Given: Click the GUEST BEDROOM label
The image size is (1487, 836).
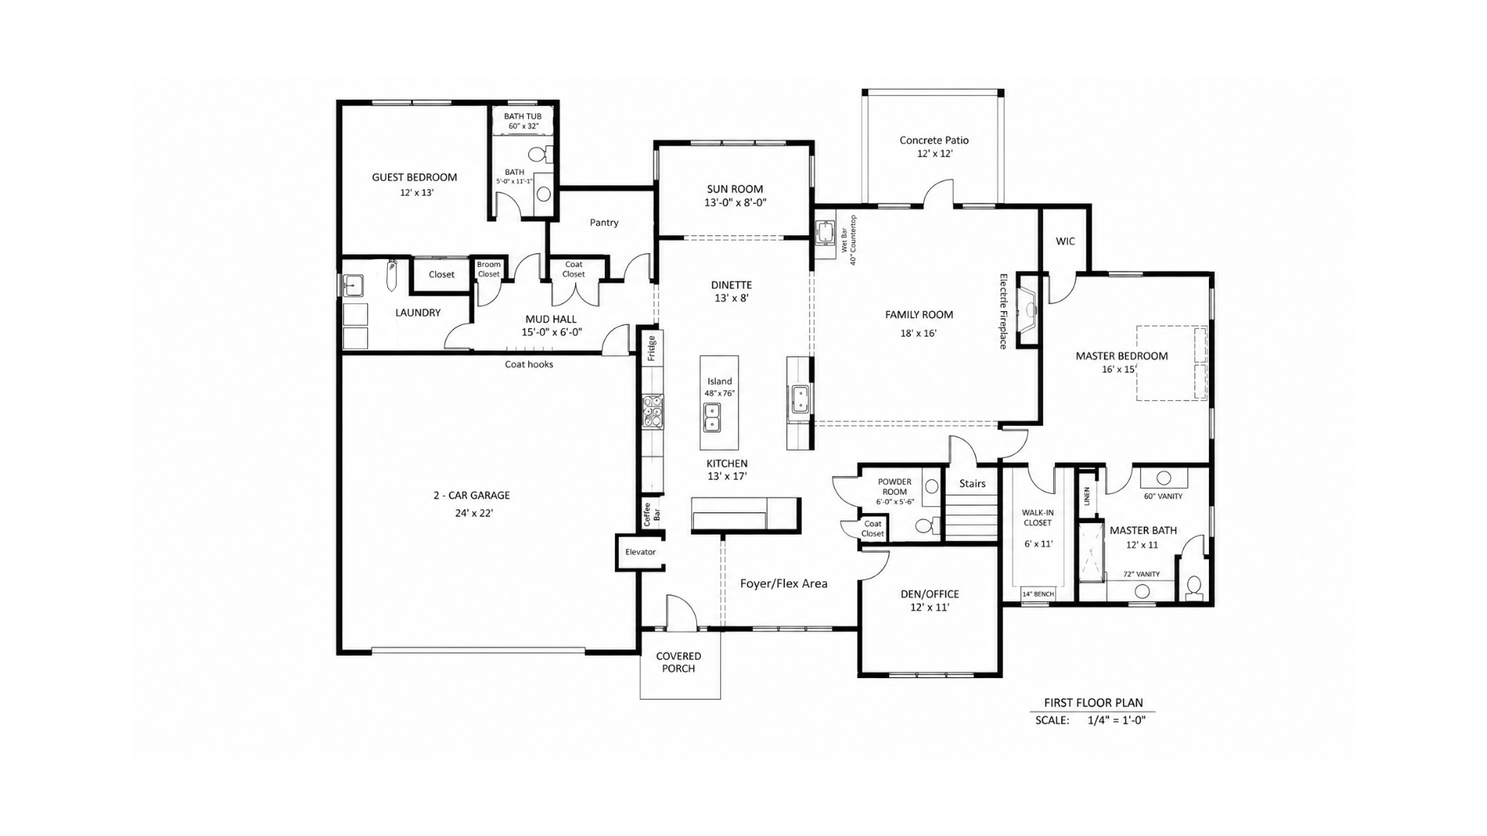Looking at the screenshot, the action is [414, 177].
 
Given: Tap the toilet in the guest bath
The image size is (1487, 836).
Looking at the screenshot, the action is [547, 153].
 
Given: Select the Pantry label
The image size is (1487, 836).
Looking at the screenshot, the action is [604, 223].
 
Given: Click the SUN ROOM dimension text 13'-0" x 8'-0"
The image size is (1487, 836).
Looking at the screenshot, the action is [735, 203].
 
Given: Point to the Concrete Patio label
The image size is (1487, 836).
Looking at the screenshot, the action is [934, 140].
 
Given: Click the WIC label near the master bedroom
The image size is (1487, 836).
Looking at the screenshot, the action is [1066, 242].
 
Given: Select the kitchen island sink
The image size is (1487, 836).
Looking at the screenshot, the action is [712, 417].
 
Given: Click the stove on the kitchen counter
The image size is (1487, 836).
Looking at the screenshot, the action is [653, 412].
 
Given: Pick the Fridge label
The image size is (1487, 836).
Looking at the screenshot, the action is [651, 348].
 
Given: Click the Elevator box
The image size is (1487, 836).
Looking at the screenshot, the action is [640, 552].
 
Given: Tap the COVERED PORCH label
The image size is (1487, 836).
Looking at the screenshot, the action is [678, 663].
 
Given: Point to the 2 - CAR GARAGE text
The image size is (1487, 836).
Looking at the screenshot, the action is [472, 495].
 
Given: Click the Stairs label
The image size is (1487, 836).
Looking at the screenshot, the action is [972, 484].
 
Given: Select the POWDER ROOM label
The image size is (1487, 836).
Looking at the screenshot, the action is [895, 487].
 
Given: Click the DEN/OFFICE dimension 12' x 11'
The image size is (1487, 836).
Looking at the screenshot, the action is [929, 608].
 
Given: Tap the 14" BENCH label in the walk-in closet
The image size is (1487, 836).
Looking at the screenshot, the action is [1038, 594].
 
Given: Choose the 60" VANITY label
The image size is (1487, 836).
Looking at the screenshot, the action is [1163, 496].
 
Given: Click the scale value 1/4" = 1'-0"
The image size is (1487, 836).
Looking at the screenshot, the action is [1116, 720].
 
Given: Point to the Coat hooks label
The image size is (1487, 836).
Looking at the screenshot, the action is [529, 365].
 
